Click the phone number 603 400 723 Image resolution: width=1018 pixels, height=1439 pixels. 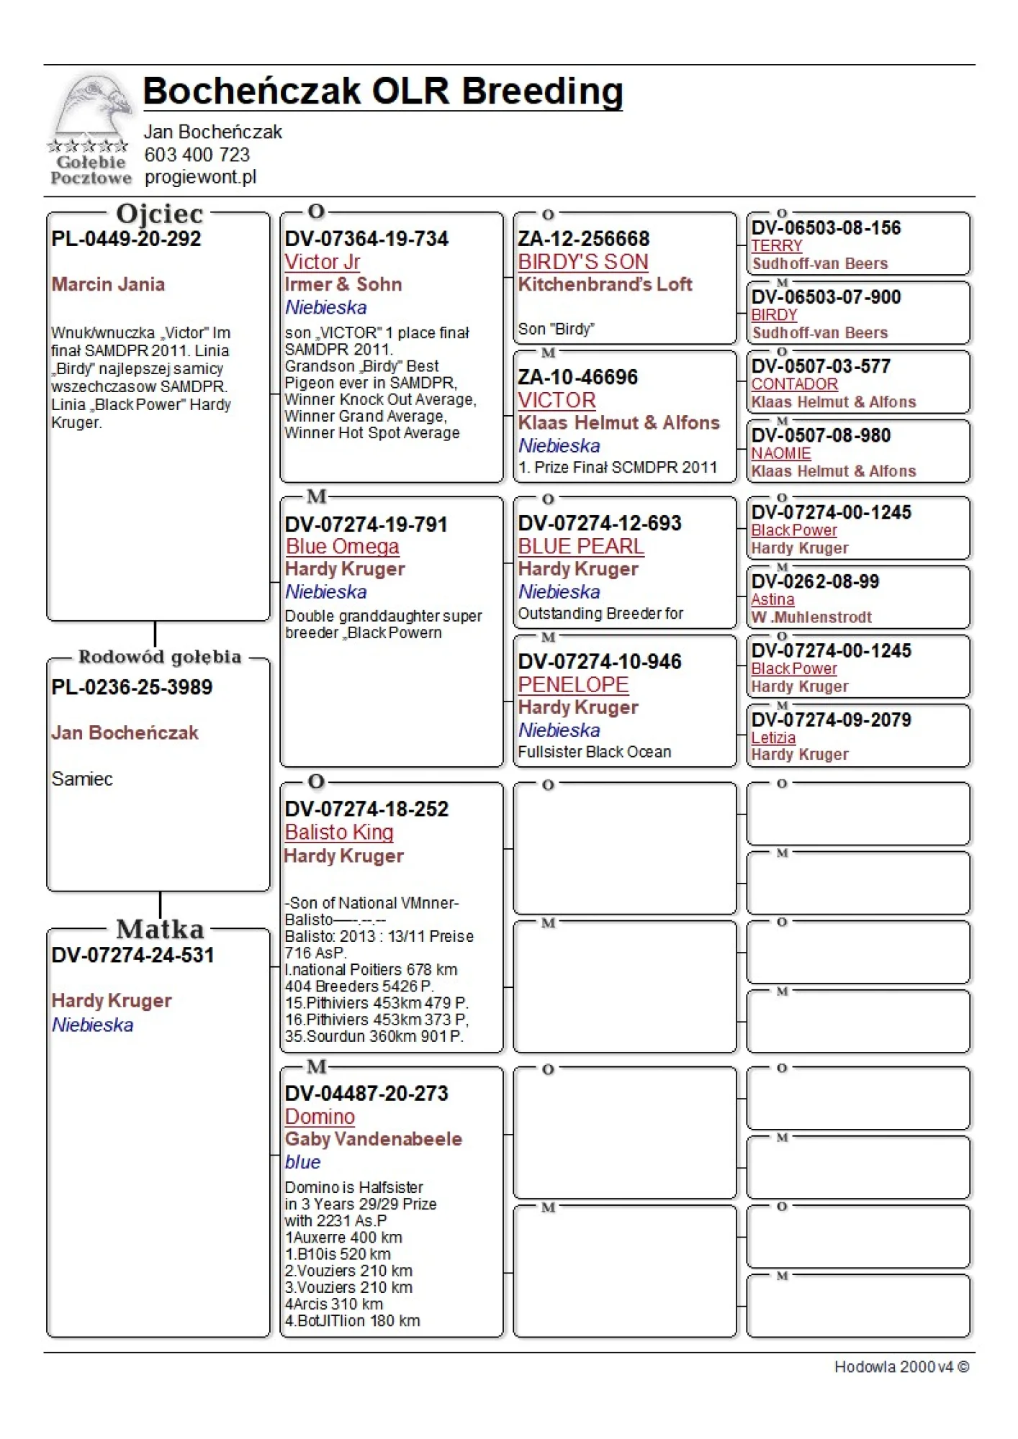pyautogui.click(x=197, y=155)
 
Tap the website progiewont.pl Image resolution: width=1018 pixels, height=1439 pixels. pyautogui.click(x=200, y=177)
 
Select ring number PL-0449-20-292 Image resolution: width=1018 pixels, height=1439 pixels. pyautogui.click(x=126, y=239)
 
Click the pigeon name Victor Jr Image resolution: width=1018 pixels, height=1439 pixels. pyautogui.click(x=322, y=262)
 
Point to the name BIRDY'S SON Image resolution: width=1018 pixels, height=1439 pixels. pyautogui.click(x=583, y=262)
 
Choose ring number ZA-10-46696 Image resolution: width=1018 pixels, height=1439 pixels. pyautogui.click(x=577, y=377)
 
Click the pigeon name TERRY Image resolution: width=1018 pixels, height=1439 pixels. pyautogui.click(x=776, y=246)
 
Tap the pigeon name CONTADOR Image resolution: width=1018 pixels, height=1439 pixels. pyautogui.click(x=794, y=384)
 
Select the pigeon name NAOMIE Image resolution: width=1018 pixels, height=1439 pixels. pyautogui.click(x=780, y=453)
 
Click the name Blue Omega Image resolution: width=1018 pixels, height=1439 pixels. pyautogui.click(x=342, y=547)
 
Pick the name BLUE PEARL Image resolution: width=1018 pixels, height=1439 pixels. pyautogui.click(x=581, y=547)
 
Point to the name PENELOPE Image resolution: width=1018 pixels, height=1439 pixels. pyautogui.click(x=573, y=685)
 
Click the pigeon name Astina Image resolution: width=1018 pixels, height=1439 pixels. pyautogui.click(x=772, y=599)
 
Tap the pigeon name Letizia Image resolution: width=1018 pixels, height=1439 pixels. pyautogui.click(x=773, y=737)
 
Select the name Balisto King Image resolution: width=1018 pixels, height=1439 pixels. pyautogui.click(x=338, y=832)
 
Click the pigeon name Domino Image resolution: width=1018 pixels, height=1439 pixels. pyautogui.click(x=320, y=1117)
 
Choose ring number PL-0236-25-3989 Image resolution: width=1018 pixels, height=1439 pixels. pyautogui.click(x=132, y=687)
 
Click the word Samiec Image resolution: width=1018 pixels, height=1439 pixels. pyautogui.click(x=82, y=778)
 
